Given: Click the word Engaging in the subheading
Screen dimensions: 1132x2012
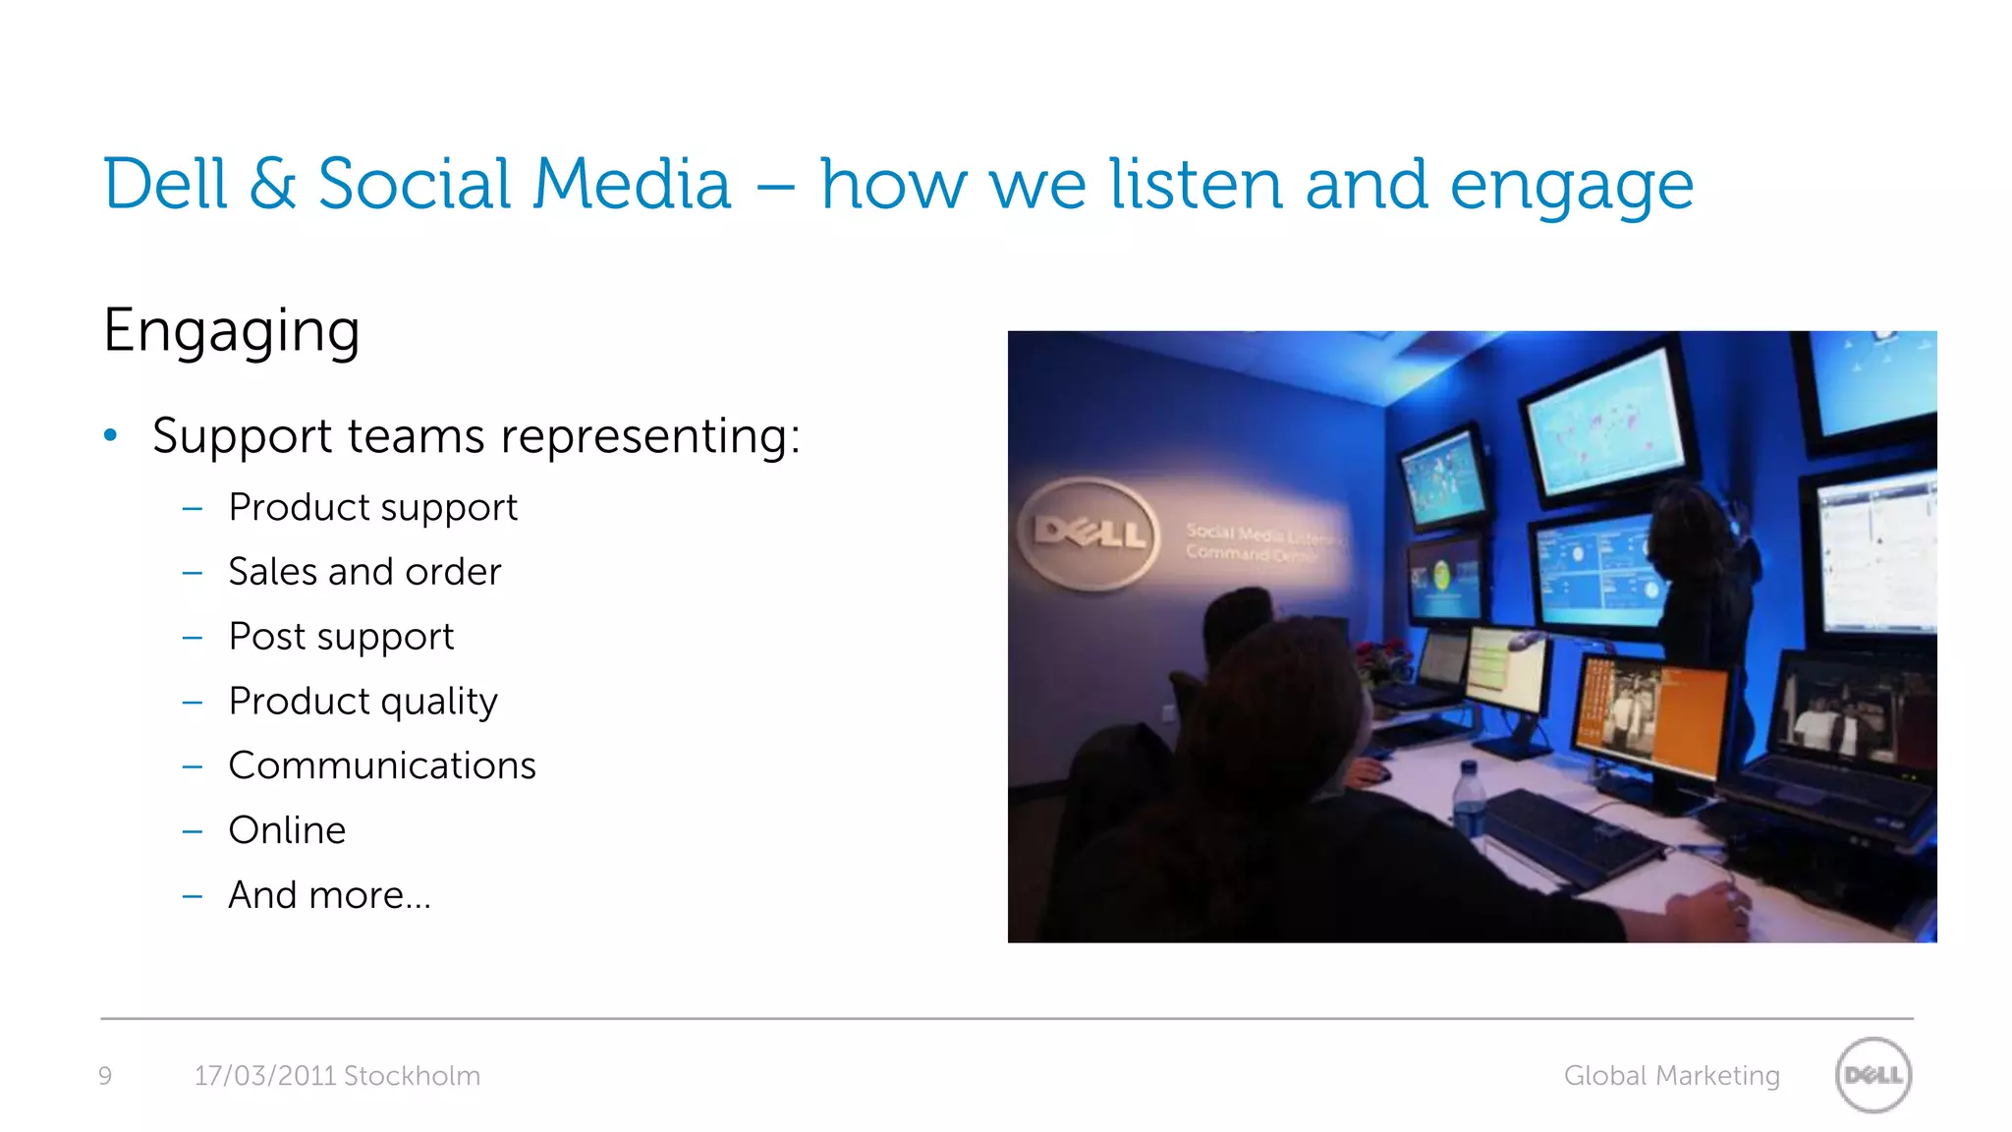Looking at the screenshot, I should (231, 330).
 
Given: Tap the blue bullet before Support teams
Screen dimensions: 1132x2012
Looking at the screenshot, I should (111, 434).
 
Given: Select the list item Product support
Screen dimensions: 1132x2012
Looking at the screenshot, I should (372, 507).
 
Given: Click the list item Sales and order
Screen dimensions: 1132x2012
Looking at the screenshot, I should (364, 572).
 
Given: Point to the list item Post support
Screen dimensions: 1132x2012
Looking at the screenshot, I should (341, 637).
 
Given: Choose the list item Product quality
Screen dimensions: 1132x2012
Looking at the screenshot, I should (363, 702).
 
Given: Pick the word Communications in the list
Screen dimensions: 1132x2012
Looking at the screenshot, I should (382, 765).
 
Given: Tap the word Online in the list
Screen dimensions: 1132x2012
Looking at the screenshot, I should (287, 830).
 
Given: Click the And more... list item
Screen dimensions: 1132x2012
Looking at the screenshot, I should (329, 895).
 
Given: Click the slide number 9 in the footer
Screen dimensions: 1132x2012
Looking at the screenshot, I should (105, 1076).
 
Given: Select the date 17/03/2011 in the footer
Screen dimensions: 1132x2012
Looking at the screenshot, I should (265, 1076).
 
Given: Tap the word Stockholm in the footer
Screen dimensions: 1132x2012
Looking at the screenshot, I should (412, 1076).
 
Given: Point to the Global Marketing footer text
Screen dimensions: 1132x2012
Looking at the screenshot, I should (1671, 1076).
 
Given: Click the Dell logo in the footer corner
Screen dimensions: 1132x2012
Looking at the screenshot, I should (1872, 1075).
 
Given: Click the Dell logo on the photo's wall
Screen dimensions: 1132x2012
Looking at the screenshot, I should (1089, 535).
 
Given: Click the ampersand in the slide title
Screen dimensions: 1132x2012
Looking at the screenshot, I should (272, 184).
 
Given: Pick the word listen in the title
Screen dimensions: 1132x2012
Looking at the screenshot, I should (1196, 184).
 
